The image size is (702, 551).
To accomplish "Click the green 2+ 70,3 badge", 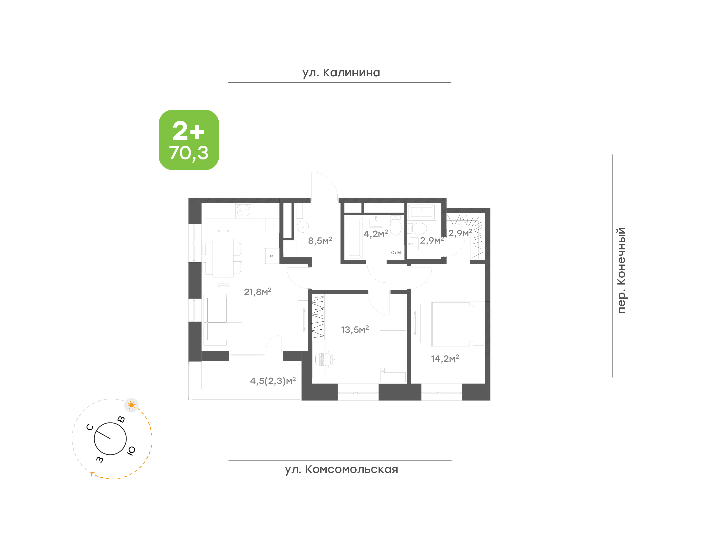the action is click(189, 140).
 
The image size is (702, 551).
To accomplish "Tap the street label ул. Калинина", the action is click(341, 73).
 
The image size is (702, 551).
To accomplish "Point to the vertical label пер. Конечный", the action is click(621, 270).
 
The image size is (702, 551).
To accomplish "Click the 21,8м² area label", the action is click(258, 292).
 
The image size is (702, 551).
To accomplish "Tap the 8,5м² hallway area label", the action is click(320, 240).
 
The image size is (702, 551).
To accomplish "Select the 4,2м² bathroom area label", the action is click(376, 234).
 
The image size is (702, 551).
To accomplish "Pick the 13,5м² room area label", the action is click(355, 329).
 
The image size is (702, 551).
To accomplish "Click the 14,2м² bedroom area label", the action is click(445, 358).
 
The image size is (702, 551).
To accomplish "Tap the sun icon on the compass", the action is click(131, 405).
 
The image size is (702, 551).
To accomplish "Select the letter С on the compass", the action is click(90, 427).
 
